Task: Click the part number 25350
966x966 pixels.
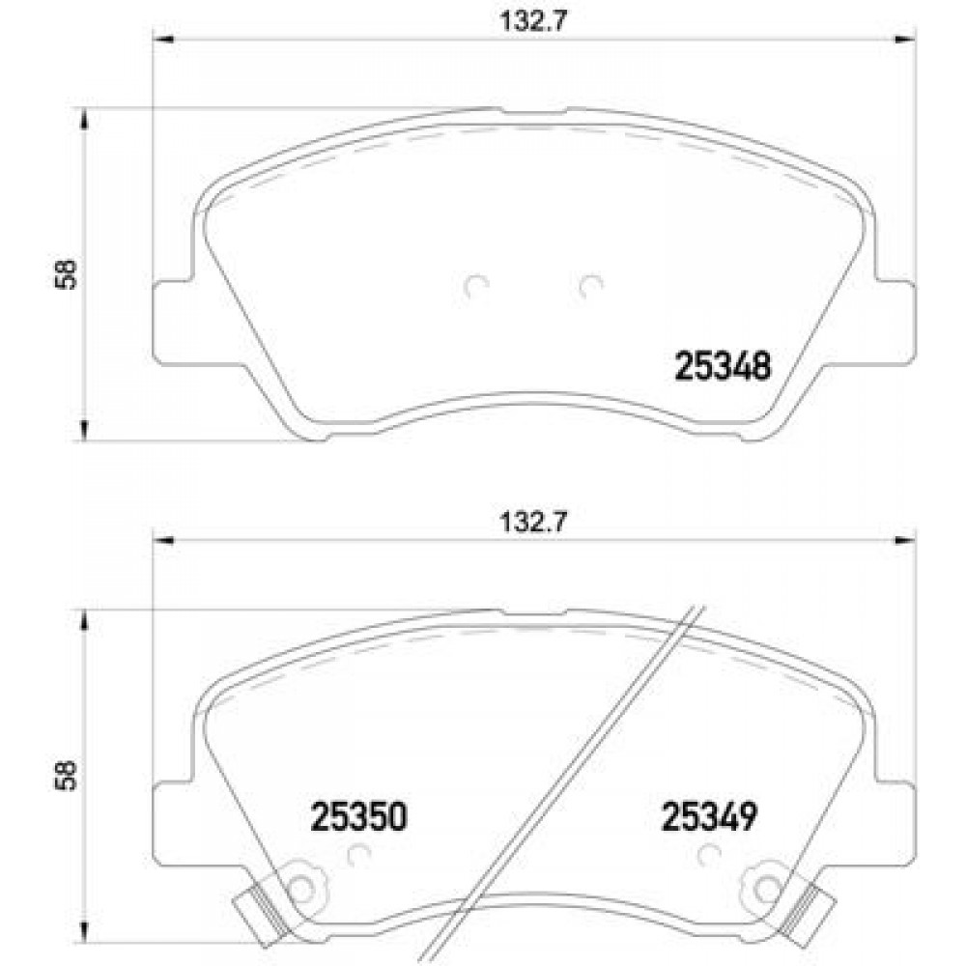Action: coord(358,818)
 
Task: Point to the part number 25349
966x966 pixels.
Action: coord(707,818)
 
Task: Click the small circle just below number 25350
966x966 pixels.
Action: coord(358,854)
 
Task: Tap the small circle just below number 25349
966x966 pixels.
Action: coord(709,854)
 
